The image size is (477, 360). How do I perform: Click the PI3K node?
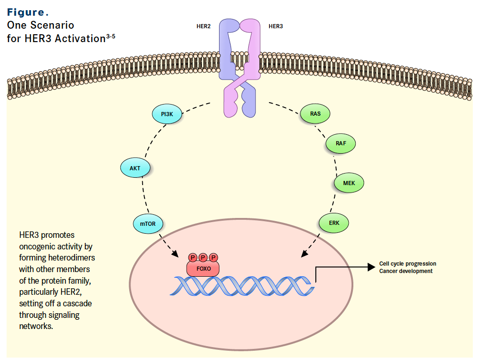click(x=167, y=114)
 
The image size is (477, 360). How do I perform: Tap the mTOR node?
click(x=148, y=224)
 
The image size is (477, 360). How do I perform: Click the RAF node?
click(x=341, y=144)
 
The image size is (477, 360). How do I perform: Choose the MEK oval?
click(x=349, y=183)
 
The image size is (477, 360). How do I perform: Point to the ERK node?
click(x=334, y=223)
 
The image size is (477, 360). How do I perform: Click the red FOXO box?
click(x=203, y=268)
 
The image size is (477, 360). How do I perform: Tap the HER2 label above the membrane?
click(x=204, y=26)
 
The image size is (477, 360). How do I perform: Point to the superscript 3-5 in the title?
click(x=110, y=36)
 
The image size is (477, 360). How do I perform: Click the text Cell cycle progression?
click(x=408, y=264)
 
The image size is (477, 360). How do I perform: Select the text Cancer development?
click(x=406, y=271)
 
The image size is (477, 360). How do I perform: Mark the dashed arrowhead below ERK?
click(x=304, y=254)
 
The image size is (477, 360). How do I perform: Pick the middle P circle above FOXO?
click(x=203, y=257)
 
